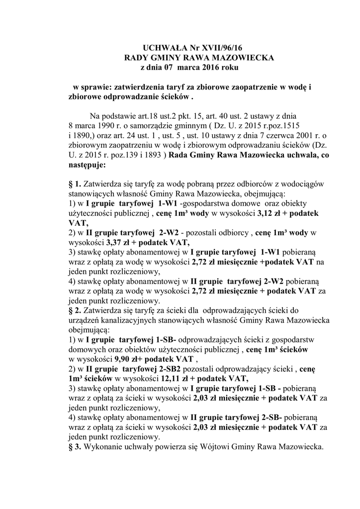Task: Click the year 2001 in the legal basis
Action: (x=297, y=136)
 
